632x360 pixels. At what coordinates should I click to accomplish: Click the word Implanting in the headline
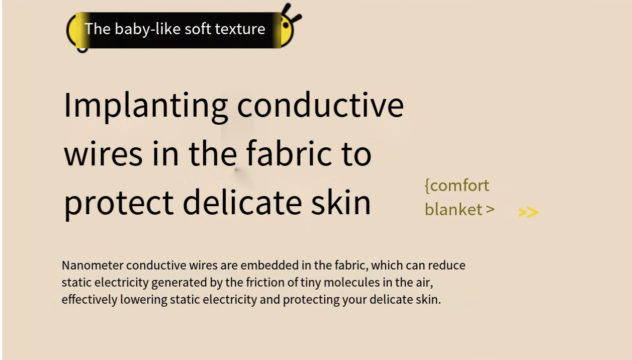pos(146,107)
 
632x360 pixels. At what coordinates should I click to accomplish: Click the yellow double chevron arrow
pos(528,213)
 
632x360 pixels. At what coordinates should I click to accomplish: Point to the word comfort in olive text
pos(460,186)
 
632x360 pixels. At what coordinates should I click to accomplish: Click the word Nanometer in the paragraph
pos(93,265)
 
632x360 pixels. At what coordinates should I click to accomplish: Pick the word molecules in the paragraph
pos(352,282)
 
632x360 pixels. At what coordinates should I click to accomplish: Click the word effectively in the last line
pos(89,299)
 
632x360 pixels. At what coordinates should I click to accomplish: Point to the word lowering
pos(144,300)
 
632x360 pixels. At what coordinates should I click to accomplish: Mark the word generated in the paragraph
pos(179,283)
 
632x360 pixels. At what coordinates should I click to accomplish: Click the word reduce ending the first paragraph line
pos(446,265)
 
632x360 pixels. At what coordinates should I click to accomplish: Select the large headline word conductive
pos(321,106)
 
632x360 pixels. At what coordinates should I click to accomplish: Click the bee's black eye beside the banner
pos(286,26)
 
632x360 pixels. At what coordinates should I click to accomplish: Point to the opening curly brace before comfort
pos(427,186)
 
